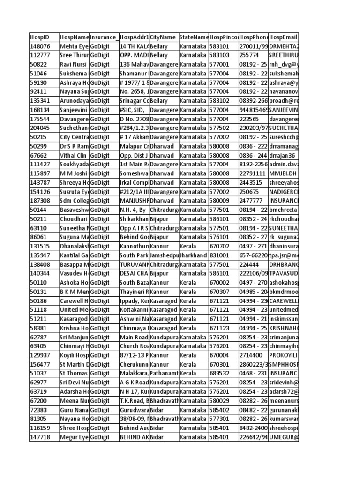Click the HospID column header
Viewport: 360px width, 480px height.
pyautogui.click(x=39, y=37)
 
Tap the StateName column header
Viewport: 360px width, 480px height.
pyautogui.click(x=193, y=37)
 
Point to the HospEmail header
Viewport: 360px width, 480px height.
pyautogui.click(x=284, y=37)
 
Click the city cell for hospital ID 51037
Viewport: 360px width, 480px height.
pyautogui.click(x=163, y=373)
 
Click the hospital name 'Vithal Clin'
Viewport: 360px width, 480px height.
pyautogui.click(x=74, y=156)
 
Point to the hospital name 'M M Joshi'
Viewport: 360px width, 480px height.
pyautogui.click(x=74, y=173)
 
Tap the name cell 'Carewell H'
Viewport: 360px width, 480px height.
pyautogui.click(x=74, y=300)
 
